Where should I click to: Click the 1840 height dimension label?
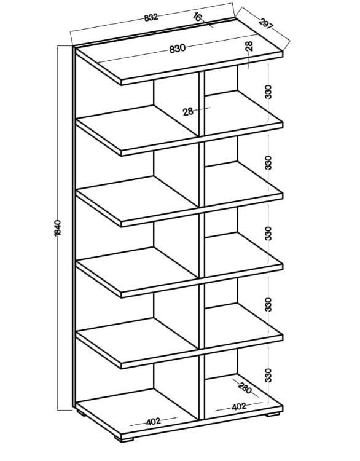coord(57,227)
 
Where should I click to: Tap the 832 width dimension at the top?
coord(151,17)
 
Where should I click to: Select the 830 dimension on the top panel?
coord(178,48)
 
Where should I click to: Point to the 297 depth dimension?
coord(265,24)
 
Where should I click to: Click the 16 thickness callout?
coord(197,17)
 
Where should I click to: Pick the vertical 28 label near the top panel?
coord(249,46)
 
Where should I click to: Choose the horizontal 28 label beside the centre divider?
coord(188,111)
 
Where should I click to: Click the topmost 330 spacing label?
coord(268,92)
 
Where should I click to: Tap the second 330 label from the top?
coord(268,163)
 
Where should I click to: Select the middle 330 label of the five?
coord(268,234)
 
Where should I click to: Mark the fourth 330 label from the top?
coord(268,305)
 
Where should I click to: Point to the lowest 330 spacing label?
coord(268,375)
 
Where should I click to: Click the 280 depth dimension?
coord(245,388)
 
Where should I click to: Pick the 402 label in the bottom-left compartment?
coord(153,422)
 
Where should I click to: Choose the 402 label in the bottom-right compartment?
coord(238,407)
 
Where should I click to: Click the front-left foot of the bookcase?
coord(123,438)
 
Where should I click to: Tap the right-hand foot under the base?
coord(273,414)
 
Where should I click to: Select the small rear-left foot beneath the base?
coord(81,413)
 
